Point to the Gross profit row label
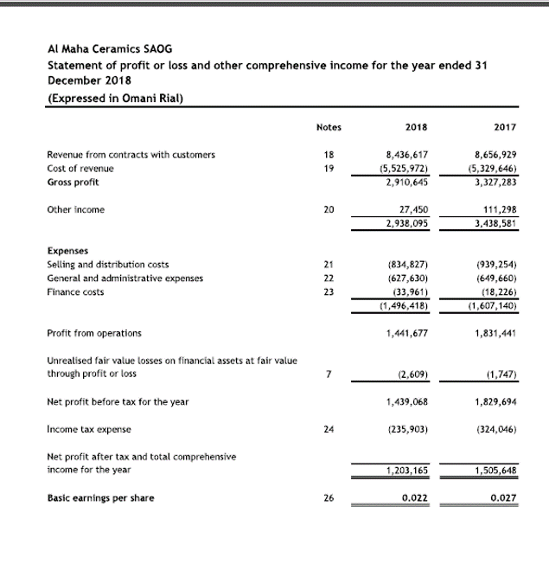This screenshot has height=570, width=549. pos(73,183)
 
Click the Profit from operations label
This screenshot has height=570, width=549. pos(95,333)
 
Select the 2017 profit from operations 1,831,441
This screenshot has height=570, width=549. pos(496,333)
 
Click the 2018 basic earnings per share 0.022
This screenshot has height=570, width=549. pos(417,498)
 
